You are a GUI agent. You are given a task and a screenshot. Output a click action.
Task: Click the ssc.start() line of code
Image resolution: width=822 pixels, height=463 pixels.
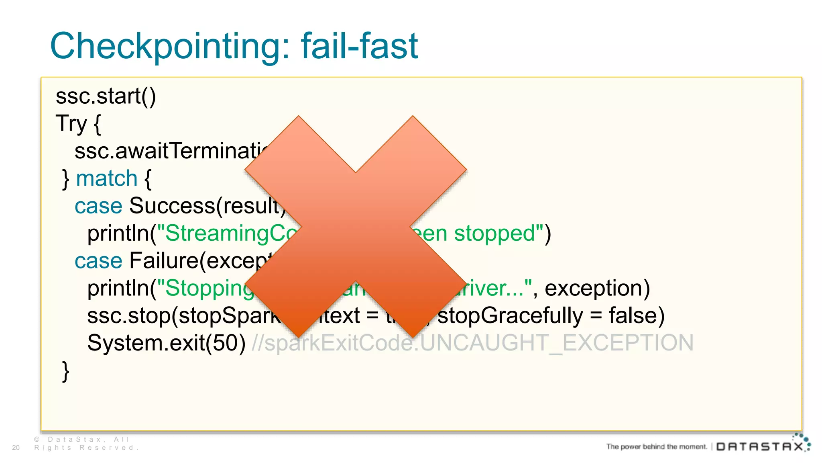106,96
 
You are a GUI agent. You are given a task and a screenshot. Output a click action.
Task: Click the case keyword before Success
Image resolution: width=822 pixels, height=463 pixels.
98,206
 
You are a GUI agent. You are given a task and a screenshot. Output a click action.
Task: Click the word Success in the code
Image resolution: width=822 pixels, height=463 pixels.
172,206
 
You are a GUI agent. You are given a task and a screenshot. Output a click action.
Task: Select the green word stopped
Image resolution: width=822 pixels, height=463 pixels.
494,233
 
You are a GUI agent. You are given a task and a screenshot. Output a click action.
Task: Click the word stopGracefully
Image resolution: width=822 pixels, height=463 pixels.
510,315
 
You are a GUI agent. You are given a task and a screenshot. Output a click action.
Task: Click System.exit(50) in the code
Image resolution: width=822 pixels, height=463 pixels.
166,343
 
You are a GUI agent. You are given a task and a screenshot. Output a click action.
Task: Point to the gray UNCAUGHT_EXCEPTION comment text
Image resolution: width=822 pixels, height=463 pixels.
556,343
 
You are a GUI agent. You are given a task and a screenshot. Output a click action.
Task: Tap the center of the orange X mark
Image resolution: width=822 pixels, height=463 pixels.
356,226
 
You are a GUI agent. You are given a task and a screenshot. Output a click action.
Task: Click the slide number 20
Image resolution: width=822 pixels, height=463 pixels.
16,447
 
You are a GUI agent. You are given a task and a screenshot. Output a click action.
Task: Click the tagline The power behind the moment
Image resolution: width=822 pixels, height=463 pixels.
656,447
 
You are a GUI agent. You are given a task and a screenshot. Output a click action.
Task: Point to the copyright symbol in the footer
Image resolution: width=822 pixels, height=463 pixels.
37,439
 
